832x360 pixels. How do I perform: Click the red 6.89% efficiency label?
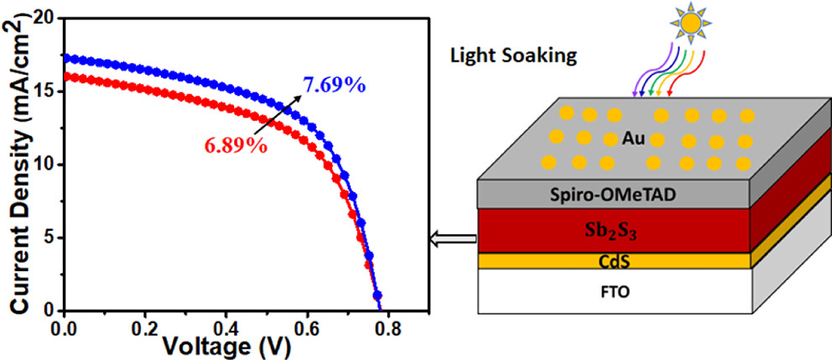click(234, 144)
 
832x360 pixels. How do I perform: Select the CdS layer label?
click(614, 261)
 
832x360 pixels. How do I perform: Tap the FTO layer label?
click(614, 294)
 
